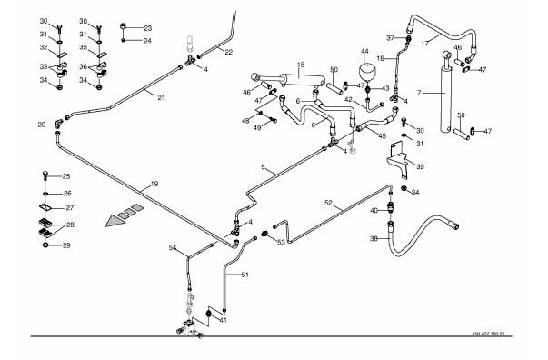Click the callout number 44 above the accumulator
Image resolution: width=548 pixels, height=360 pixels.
click(364, 52)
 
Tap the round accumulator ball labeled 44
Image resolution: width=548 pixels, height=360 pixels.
click(367, 72)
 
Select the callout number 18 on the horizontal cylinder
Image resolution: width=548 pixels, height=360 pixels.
click(301, 65)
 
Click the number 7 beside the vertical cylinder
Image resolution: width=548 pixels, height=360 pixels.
click(419, 93)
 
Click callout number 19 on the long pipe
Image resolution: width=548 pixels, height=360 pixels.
click(154, 184)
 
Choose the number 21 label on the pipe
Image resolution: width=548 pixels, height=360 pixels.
click(161, 97)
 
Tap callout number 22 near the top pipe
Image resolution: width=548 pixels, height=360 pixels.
click(228, 52)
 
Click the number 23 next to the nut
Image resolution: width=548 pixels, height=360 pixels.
click(147, 28)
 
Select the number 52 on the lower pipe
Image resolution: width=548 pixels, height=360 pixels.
click(328, 203)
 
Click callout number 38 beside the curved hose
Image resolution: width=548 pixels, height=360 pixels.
click(374, 239)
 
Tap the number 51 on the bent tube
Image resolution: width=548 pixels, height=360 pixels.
click(245, 275)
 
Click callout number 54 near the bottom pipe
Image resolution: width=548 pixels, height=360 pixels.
click(173, 247)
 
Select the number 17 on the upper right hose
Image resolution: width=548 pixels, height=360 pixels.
click(425, 44)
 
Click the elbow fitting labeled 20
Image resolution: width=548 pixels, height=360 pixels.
click(58, 123)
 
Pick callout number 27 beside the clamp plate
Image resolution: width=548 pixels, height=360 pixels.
click(70, 207)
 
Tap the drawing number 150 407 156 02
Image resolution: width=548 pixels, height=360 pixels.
click(489, 334)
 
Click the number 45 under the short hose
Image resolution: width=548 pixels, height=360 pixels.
click(383, 136)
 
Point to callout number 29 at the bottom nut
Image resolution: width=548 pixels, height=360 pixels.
click(66, 245)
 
